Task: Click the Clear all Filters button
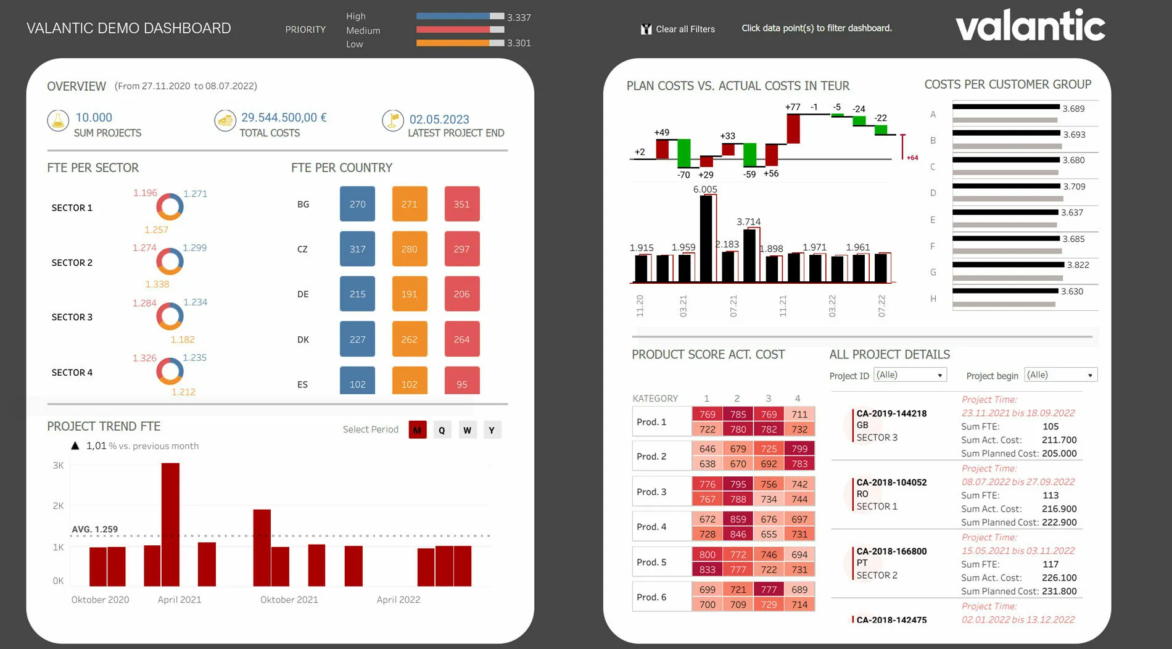coord(679,29)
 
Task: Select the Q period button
coord(442,430)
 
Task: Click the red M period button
coord(418,430)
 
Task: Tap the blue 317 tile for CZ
coord(357,249)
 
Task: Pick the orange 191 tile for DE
coord(410,294)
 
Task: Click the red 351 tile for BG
coord(462,204)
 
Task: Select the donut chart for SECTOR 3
coord(170,317)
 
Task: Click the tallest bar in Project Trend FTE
coord(170,524)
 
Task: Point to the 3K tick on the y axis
coord(58,466)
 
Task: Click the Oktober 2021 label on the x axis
coord(289,600)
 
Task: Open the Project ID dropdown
coord(910,375)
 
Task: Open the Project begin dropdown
coord(1061,375)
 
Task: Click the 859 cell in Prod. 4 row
coord(738,519)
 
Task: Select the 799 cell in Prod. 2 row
coord(799,449)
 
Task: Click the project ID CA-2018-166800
coord(891,552)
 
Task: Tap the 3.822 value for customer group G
coord(1078,265)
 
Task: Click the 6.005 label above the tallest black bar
coord(705,189)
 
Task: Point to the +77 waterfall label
coord(793,107)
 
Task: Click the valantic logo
coord(1030,26)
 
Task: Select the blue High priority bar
coord(454,16)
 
